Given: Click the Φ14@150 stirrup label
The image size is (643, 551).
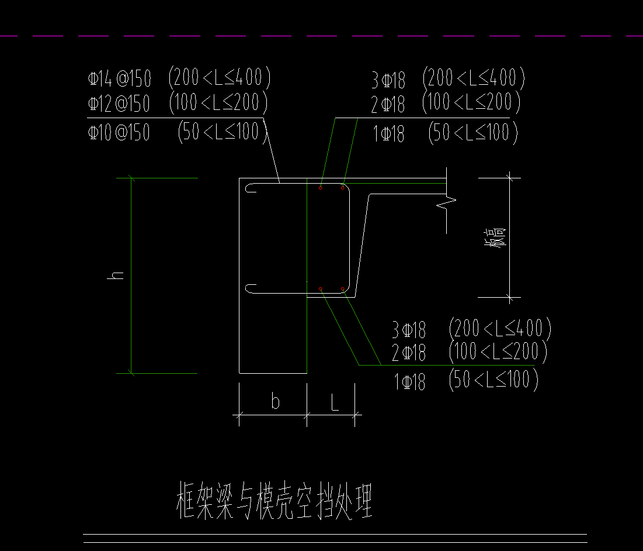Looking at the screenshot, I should tap(119, 78).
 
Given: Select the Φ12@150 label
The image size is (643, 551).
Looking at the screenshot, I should tap(119, 104).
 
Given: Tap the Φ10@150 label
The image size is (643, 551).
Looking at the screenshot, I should tap(119, 133).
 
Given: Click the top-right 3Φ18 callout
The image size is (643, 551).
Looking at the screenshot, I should tap(388, 79).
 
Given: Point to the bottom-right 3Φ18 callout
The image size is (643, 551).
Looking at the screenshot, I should tap(409, 330).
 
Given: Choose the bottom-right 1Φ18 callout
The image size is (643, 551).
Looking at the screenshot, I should tap(410, 383).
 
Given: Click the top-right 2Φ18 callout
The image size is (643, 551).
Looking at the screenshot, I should tap(388, 105).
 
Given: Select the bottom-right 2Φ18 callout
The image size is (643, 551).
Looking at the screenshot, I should tap(409, 353).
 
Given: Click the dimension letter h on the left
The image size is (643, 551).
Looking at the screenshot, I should tap(117, 275).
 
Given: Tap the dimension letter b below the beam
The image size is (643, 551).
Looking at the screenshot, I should tap(275, 402).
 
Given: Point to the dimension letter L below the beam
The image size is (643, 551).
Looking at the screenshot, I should tap(333, 402).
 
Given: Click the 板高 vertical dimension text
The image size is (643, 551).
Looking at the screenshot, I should tap(498, 237).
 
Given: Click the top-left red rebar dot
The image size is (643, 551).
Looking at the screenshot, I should tap(321, 188).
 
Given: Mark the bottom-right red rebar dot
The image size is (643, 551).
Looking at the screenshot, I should tap(342, 289).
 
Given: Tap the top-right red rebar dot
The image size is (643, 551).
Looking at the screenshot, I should tap(343, 188).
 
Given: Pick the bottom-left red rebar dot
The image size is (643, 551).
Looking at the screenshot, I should tap(321, 289).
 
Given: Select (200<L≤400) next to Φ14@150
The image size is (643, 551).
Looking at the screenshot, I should tap(219, 77).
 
